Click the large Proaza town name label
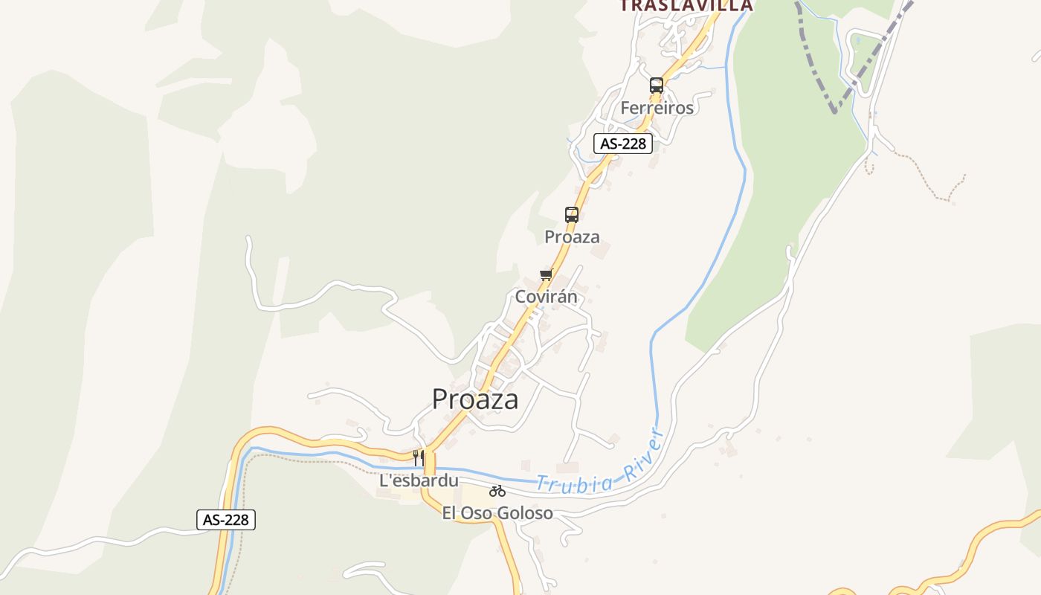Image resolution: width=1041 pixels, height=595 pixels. click(475, 399)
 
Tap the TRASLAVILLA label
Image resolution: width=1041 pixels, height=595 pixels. click(686, 6)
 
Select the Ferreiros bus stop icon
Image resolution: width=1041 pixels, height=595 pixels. click(656, 86)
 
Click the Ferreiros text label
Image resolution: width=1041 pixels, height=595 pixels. click(657, 108)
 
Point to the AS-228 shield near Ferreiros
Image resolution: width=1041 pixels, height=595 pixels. click(622, 144)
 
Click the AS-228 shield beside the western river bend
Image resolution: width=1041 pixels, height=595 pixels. click(226, 520)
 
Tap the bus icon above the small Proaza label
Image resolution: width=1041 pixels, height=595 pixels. click(571, 215)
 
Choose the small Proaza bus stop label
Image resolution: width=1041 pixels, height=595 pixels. click(572, 237)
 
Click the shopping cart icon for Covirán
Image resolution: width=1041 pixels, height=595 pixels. click(547, 275)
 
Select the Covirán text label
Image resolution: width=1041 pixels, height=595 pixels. click(546, 297)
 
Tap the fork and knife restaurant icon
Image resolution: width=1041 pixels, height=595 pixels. click(419, 457)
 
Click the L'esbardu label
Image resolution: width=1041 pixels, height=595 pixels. click(419, 480)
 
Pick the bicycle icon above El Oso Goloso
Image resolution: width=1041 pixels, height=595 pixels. click(497, 491)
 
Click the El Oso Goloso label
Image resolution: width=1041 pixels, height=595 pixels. click(497, 512)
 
